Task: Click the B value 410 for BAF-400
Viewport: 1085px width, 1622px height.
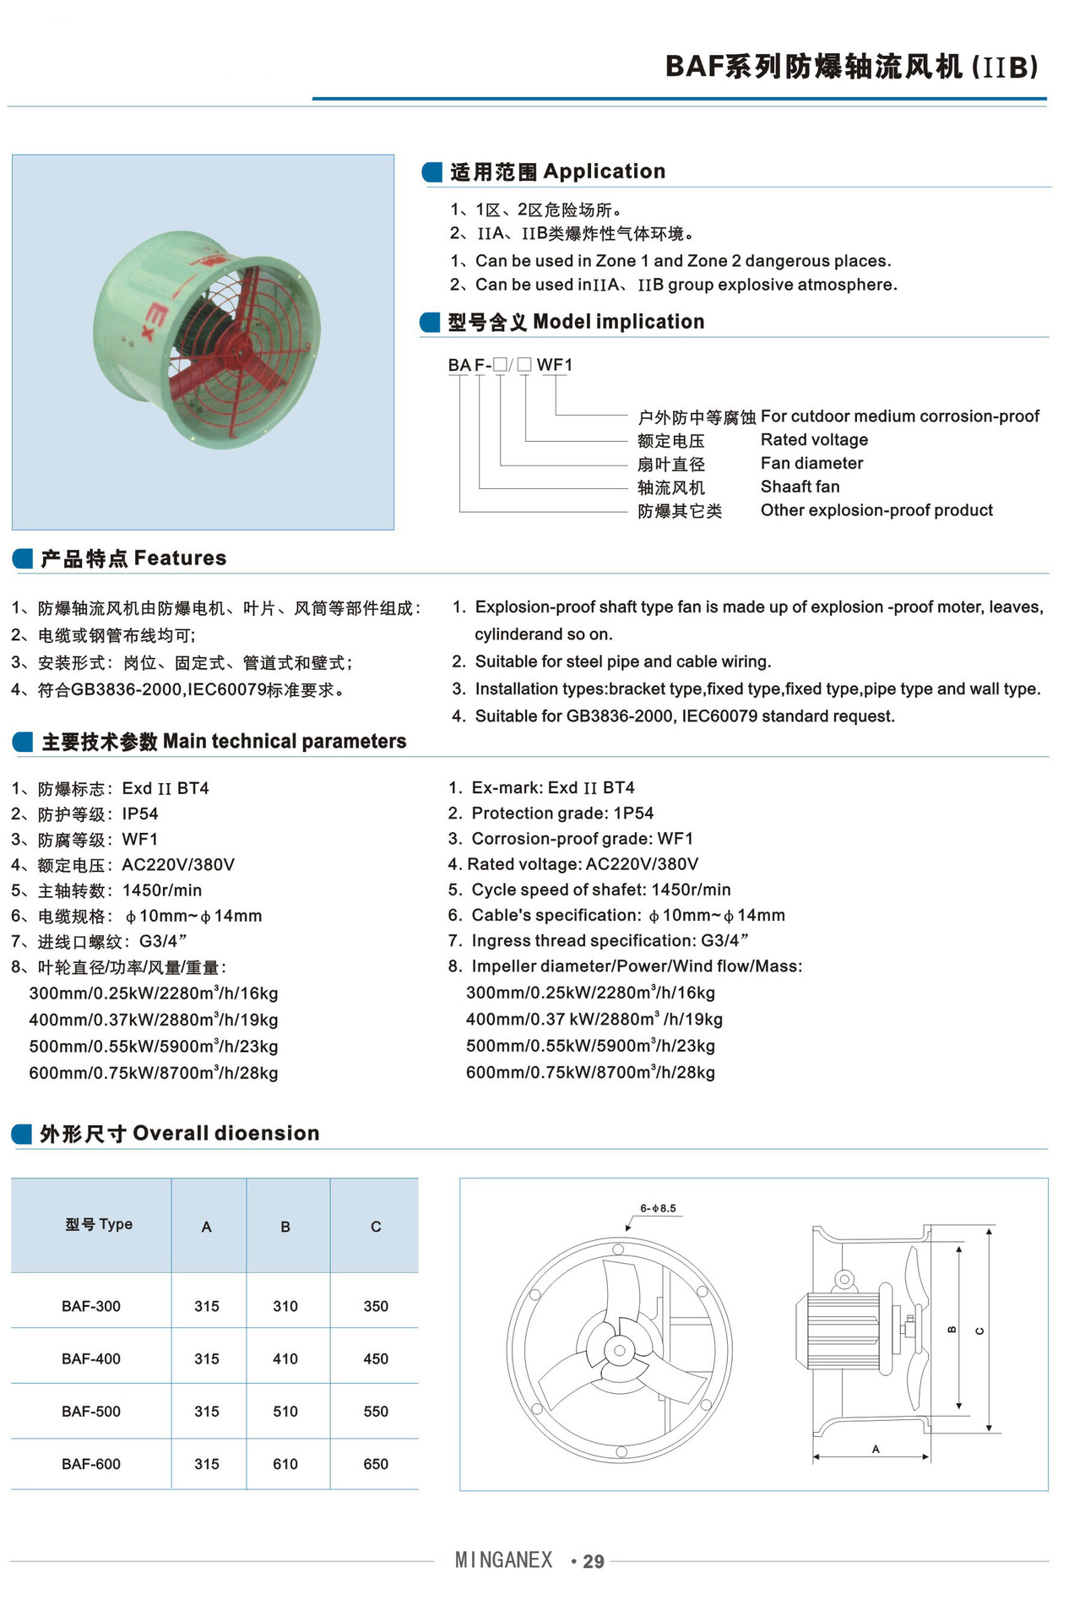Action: [285, 1358]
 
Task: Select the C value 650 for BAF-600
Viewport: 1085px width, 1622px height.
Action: [376, 1464]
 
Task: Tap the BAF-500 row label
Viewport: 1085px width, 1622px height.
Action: [91, 1412]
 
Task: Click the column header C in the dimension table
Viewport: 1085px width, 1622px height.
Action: [376, 1227]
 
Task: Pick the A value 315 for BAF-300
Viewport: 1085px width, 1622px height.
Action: [207, 1306]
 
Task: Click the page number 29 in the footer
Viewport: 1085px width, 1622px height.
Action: [594, 1562]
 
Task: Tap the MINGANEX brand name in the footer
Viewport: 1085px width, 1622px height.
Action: [503, 1560]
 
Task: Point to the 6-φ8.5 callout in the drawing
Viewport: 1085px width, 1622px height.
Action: [658, 1208]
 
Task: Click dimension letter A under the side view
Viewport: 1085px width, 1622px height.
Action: [876, 1450]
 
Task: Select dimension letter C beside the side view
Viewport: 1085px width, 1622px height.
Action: [979, 1331]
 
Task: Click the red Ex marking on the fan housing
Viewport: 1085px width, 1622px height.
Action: [158, 323]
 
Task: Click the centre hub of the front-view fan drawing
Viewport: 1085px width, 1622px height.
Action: [620, 1350]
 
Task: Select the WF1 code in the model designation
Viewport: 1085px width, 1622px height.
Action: [555, 365]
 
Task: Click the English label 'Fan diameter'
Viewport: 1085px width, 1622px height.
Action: [811, 463]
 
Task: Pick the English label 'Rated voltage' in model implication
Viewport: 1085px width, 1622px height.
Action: [814, 439]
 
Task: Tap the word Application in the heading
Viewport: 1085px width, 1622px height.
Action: [605, 171]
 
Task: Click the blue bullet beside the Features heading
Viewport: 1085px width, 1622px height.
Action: [23, 558]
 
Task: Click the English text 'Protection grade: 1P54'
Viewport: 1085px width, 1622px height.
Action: [562, 813]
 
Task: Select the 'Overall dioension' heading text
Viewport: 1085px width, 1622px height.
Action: [225, 1133]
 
